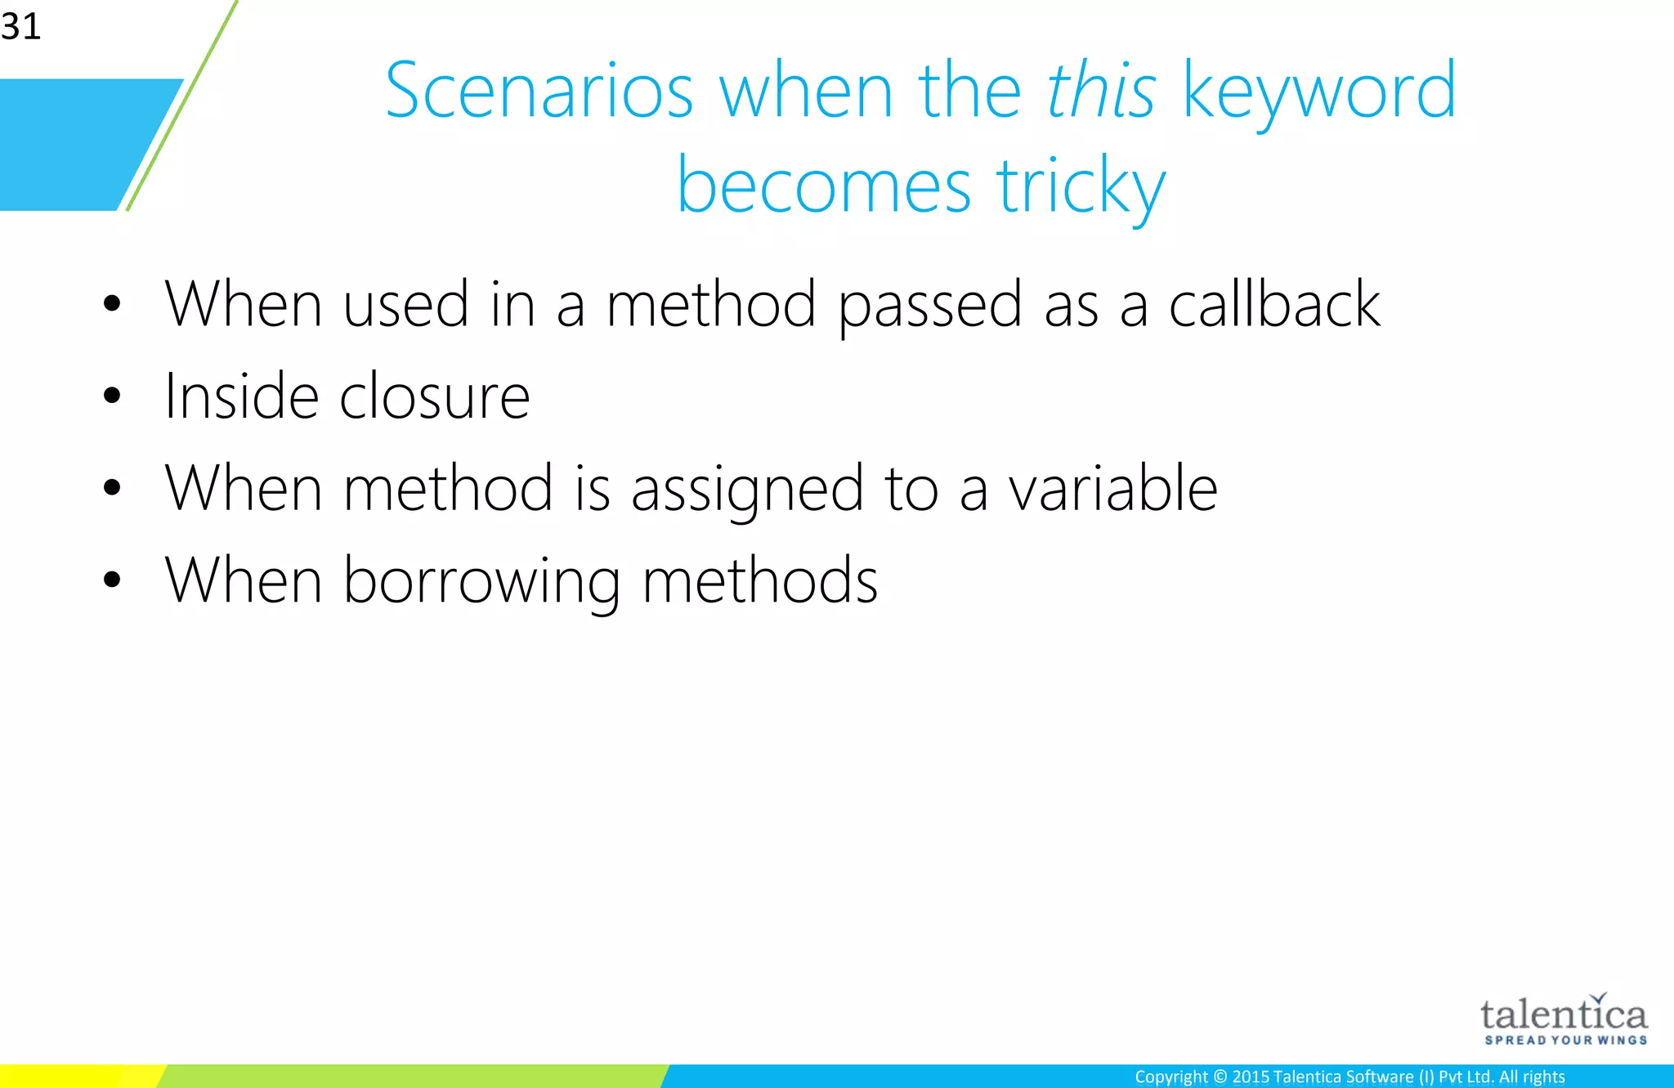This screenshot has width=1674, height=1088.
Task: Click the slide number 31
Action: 20,26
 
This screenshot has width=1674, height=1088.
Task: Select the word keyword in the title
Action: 1318,92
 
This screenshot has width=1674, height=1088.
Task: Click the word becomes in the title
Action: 823,186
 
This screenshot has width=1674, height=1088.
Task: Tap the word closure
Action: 434,396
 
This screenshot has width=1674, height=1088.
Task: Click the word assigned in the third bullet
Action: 747,489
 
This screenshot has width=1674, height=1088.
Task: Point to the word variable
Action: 1112,488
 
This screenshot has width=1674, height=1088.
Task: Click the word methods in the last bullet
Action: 759,580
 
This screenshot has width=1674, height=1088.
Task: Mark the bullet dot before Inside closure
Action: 112,396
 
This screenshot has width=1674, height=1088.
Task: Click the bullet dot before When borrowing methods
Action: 112,580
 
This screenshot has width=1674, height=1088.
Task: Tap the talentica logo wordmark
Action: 1563,1015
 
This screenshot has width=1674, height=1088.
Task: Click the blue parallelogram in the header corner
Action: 82,145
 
